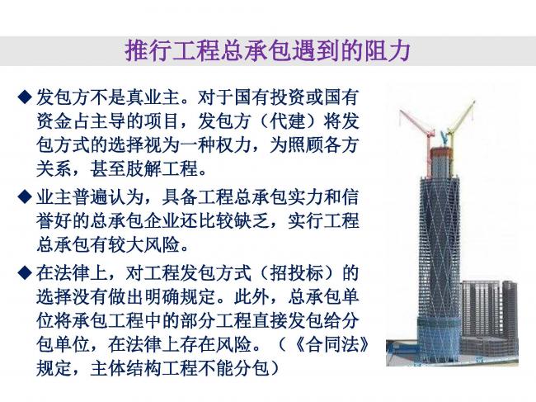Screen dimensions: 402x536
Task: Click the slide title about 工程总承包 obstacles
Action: (x=267, y=51)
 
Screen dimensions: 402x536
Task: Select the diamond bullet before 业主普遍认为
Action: (x=24, y=199)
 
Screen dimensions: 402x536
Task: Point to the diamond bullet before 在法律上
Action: (x=24, y=272)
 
